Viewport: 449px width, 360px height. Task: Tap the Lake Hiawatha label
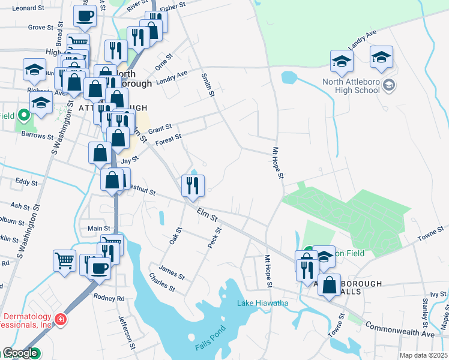tap(262, 303)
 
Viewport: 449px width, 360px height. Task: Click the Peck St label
tap(214, 239)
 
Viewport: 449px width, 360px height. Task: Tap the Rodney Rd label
tap(108, 298)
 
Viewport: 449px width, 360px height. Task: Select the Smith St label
tap(208, 85)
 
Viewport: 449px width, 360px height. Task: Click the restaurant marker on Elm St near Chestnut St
tap(193, 185)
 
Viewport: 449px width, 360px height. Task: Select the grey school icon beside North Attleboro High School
tap(390, 86)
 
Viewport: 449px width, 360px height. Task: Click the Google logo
tap(20, 353)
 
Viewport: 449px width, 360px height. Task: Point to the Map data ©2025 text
tap(423, 355)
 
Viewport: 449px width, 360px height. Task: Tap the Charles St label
tap(162, 283)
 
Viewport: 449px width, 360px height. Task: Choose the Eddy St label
tap(26, 181)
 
